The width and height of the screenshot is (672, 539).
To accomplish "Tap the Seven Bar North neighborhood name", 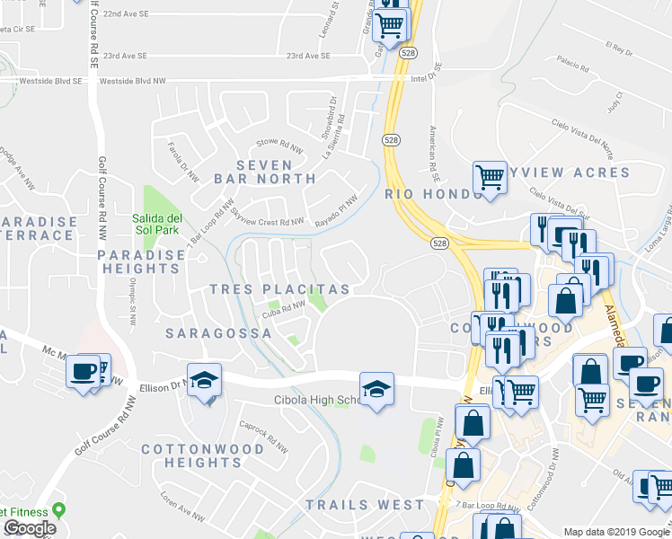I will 265,172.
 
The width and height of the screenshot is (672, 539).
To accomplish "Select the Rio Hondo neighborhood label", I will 421,193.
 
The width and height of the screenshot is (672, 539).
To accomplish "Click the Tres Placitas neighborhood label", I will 279,289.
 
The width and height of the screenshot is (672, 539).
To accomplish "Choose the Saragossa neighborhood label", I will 219,332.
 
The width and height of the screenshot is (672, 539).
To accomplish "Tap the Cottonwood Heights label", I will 192,455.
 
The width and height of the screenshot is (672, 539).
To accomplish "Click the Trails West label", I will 365,505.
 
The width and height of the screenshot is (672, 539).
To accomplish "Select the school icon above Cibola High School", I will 376,388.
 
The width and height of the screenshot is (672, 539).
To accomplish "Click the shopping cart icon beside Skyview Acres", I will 490,176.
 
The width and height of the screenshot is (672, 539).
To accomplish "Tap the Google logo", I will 29,528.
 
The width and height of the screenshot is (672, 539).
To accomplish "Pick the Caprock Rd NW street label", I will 266,437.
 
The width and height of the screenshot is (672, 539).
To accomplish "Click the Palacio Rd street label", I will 572,62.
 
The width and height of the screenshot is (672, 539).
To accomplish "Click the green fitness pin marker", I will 59,510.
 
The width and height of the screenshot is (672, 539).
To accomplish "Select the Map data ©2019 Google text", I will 616,531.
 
